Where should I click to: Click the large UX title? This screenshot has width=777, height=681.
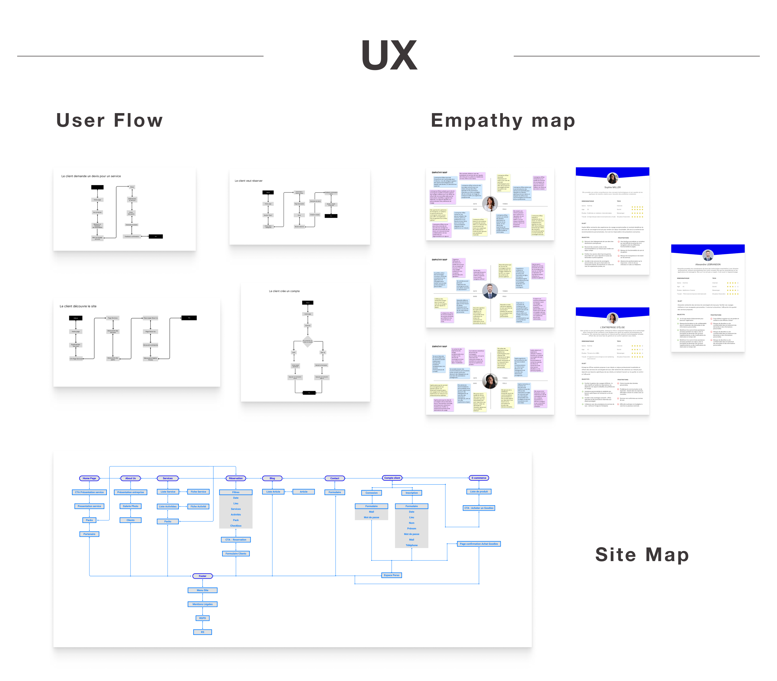(x=389, y=56)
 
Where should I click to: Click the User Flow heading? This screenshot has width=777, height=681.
(x=110, y=120)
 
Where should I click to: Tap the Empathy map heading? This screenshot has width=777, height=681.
(x=503, y=120)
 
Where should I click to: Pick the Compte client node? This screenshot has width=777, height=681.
(x=392, y=478)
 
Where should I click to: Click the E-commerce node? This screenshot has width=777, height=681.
(x=479, y=478)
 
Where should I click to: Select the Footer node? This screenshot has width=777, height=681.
(x=202, y=576)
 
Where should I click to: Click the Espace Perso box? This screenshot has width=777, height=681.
(x=392, y=575)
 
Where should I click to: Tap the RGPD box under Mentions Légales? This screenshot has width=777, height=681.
(x=202, y=618)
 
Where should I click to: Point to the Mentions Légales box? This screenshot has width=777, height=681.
(x=202, y=604)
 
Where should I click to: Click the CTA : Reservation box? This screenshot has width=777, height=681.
(x=236, y=540)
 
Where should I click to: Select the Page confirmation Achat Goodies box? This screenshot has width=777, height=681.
(x=479, y=544)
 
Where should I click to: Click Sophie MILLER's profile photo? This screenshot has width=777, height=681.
(x=612, y=178)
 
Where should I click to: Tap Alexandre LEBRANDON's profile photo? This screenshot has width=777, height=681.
(x=708, y=255)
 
